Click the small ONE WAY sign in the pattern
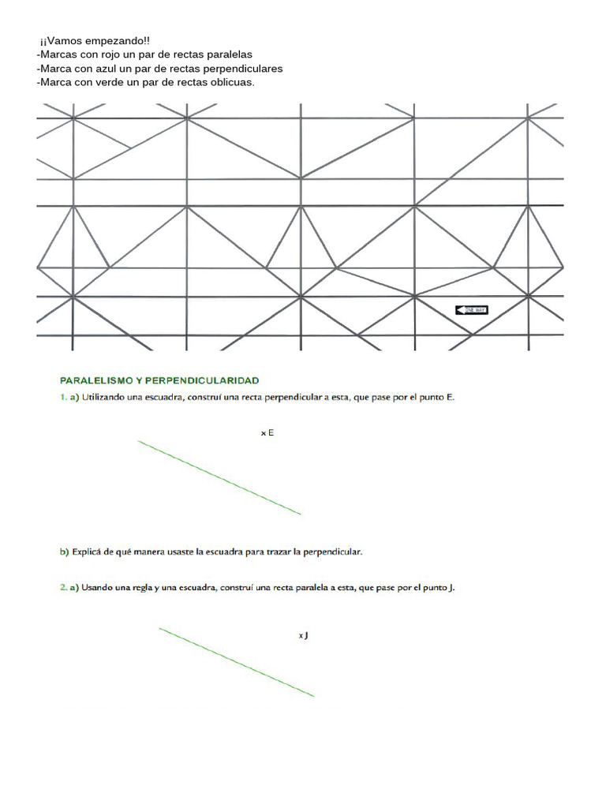point(472,310)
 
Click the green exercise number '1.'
point(64,398)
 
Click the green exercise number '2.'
point(64,588)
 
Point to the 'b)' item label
point(65,552)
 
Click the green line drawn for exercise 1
point(219,478)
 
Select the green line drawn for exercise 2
point(237,662)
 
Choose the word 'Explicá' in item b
point(88,552)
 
